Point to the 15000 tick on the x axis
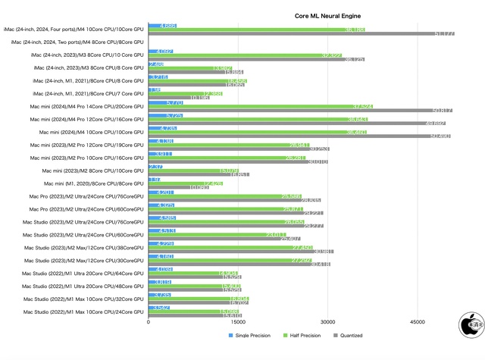point(238,322)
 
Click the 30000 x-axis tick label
point(327,322)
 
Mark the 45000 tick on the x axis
point(417,322)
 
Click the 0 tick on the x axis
point(149,322)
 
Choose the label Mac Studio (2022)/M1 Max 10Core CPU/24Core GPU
point(83,311)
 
